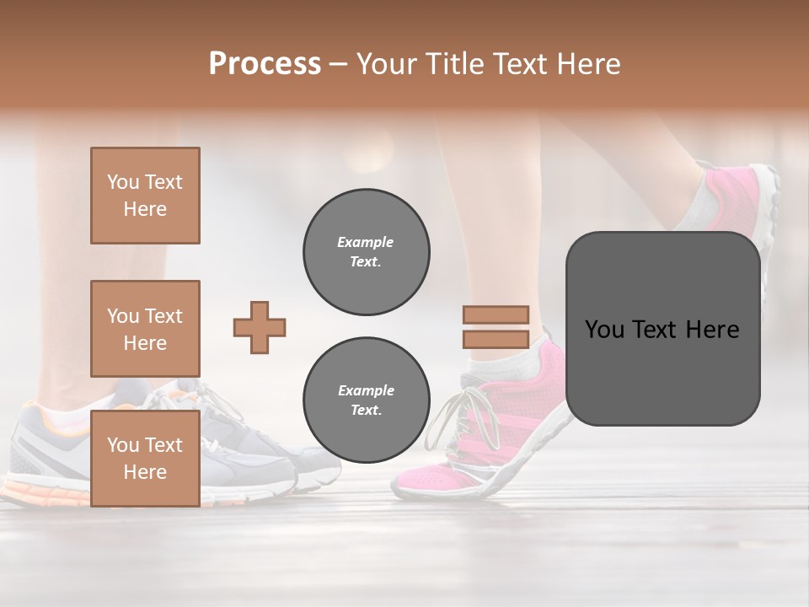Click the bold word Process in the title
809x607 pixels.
[x=265, y=64]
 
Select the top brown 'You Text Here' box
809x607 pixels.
[x=145, y=196]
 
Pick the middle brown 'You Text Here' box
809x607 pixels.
[x=145, y=329]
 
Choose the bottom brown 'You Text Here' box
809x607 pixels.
[x=145, y=459]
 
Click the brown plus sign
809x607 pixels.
[x=260, y=327]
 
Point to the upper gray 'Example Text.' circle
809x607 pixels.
[x=366, y=252]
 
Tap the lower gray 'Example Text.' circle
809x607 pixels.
[x=366, y=400]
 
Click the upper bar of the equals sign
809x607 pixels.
[x=496, y=315]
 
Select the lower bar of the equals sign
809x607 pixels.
[x=496, y=340]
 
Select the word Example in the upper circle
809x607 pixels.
[x=366, y=242]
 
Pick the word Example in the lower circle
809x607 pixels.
[x=366, y=390]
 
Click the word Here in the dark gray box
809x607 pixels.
[x=712, y=330]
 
